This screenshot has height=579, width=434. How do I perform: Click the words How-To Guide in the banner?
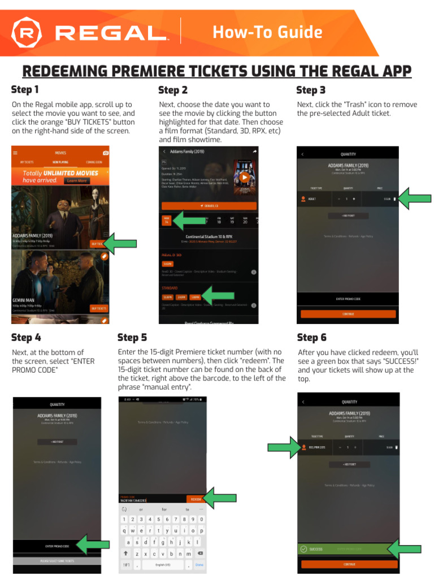coord(267,32)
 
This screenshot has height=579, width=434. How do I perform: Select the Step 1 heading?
coord(25,89)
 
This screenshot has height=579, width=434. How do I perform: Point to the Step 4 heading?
coord(26,338)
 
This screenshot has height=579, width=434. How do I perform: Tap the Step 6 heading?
coord(311,338)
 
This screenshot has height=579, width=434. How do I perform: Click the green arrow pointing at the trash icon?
coord(415,198)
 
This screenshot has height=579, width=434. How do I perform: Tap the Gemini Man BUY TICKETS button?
coord(98,308)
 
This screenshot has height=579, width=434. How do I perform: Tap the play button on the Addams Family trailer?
coord(244,177)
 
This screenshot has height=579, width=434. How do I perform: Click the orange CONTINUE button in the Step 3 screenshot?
coord(348,314)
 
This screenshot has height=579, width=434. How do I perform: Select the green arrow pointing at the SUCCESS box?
coord(403,548)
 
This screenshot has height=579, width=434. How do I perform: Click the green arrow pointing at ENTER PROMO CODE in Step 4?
coord(92,546)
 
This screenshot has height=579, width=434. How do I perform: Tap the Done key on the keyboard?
coord(199,565)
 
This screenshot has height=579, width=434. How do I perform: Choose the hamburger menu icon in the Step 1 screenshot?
coord(15,153)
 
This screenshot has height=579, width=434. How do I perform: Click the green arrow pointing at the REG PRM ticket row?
coord(284,447)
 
